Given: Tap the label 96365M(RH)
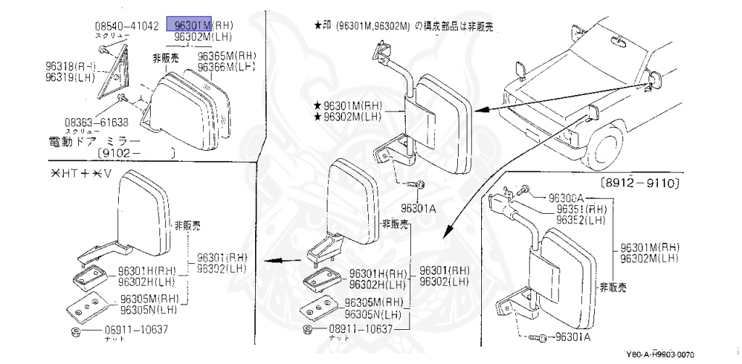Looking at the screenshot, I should pyautogui.click(x=228, y=55).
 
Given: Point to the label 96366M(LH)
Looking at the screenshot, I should pyautogui.click(x=228, y=66).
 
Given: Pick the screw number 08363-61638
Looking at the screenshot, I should pyautogui.click(x=96, y=121).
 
